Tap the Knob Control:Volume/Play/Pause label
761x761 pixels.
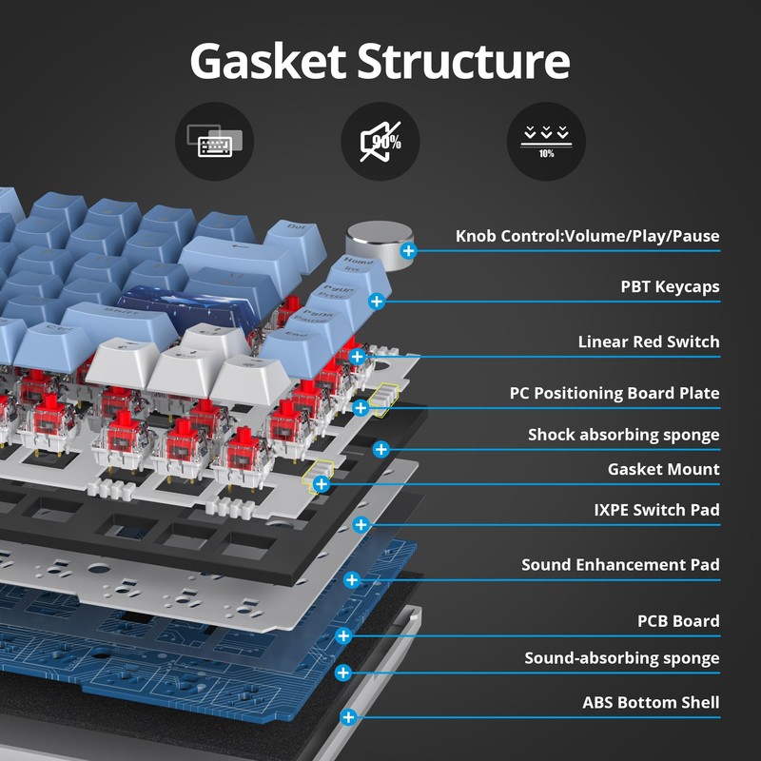(x=587, y=236)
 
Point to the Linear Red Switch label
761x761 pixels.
(x=649, y=341)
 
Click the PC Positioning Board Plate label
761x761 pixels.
(x=615, y=393)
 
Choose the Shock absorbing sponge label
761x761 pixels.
(x=623, y=435)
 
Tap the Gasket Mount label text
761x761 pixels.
(x=663, y=469)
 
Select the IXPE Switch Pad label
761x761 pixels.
(x=656, y=510)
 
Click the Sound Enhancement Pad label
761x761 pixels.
(x=620, y=565)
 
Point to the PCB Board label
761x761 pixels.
(x=678, y=621)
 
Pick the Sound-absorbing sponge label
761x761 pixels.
(x=622, y=658)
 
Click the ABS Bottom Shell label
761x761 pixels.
(x=651, y=703)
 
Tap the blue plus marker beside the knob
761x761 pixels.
(x=409, y=251)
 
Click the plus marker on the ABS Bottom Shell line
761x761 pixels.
(x=348, y=718)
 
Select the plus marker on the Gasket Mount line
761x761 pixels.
(x=322, y=484)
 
